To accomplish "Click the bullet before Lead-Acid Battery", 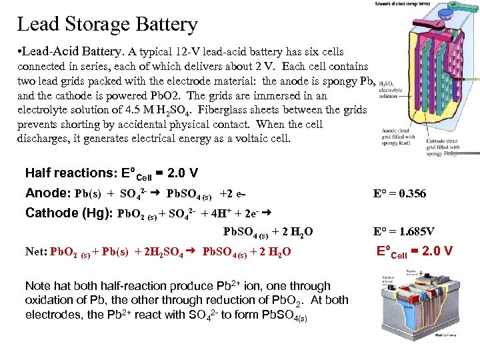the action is (21, 51).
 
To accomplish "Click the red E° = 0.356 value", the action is (399, 194).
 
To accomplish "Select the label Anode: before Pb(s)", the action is (47, 193).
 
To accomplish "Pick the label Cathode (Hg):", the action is (69, 214).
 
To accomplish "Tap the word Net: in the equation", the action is (37, 251).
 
